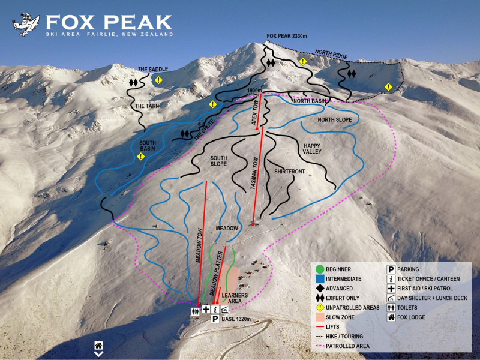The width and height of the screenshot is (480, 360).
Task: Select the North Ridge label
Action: click(332, 55)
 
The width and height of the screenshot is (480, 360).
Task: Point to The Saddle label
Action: click(152, 69)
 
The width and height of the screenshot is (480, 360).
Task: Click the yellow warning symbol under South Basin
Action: click(140, 157)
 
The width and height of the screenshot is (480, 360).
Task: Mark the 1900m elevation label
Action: click(255, 90)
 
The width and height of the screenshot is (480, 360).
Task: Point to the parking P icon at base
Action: click(215, 319)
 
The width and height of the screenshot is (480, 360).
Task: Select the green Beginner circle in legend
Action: click(319, 269)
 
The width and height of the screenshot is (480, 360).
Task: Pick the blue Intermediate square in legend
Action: click(319, 279)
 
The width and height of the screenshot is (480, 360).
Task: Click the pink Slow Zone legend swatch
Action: click(319, 317)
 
